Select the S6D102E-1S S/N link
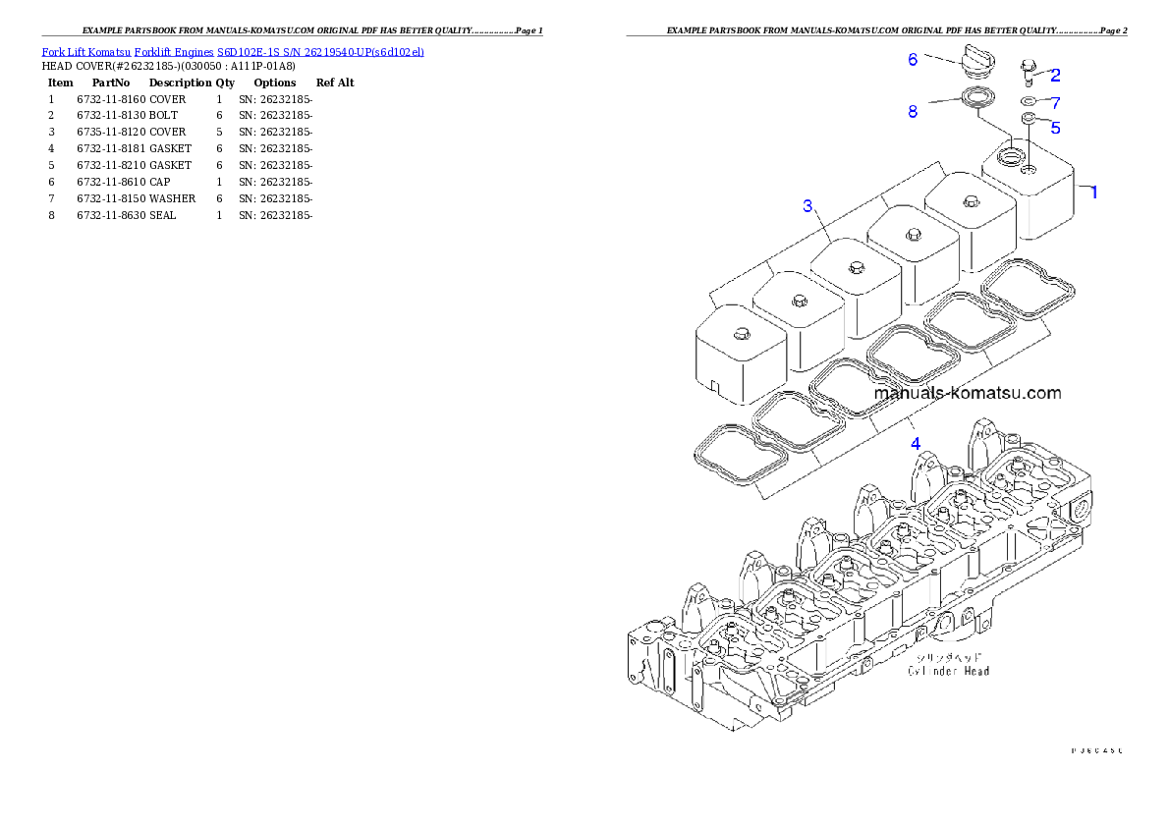pos(320,51)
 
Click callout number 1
pos(1093,193)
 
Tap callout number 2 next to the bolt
pos(1055,75)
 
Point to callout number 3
pos(807,205)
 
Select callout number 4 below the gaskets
pos(916,443)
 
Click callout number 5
pos(1055,127)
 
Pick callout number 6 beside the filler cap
pos(913,60)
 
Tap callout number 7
pos(1055,102)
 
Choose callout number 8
pos(913,112)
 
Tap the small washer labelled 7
pos(1028,101)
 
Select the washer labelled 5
pos(1029,119)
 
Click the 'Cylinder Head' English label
pos(948,671)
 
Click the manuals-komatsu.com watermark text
pos(967,393)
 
